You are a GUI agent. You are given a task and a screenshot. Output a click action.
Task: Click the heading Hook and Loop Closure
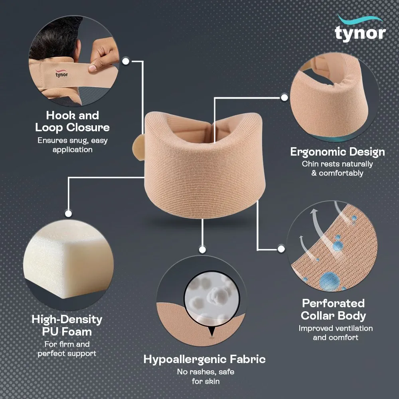click(72, 122)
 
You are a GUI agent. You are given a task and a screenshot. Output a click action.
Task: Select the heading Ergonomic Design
click(338, 152)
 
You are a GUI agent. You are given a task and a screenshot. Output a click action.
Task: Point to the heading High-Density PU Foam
click(67, 326)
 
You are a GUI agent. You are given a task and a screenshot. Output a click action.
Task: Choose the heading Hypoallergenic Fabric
click(204, 359)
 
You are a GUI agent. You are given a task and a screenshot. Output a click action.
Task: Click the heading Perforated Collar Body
click(333, 309)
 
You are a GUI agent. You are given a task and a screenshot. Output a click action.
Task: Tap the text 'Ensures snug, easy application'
click(72, 145)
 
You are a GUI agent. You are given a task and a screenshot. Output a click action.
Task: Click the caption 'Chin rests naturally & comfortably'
click(338, 168)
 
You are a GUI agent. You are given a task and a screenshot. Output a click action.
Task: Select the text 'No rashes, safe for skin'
click(204, 377)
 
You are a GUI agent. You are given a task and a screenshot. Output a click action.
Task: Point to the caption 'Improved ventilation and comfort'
click(336, 333)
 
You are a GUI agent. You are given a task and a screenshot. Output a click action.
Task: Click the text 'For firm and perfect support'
click(67, 348)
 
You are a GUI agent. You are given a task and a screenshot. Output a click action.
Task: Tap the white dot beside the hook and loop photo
click(126, 61)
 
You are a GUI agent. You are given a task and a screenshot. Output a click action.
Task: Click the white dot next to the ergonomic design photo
click(284, 97)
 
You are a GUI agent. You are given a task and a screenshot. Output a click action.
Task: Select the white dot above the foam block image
click(68, 213)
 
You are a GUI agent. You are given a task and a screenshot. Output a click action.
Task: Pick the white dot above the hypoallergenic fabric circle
click(202, 250)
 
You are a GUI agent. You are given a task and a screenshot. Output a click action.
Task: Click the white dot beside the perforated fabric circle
click(281, 249)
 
